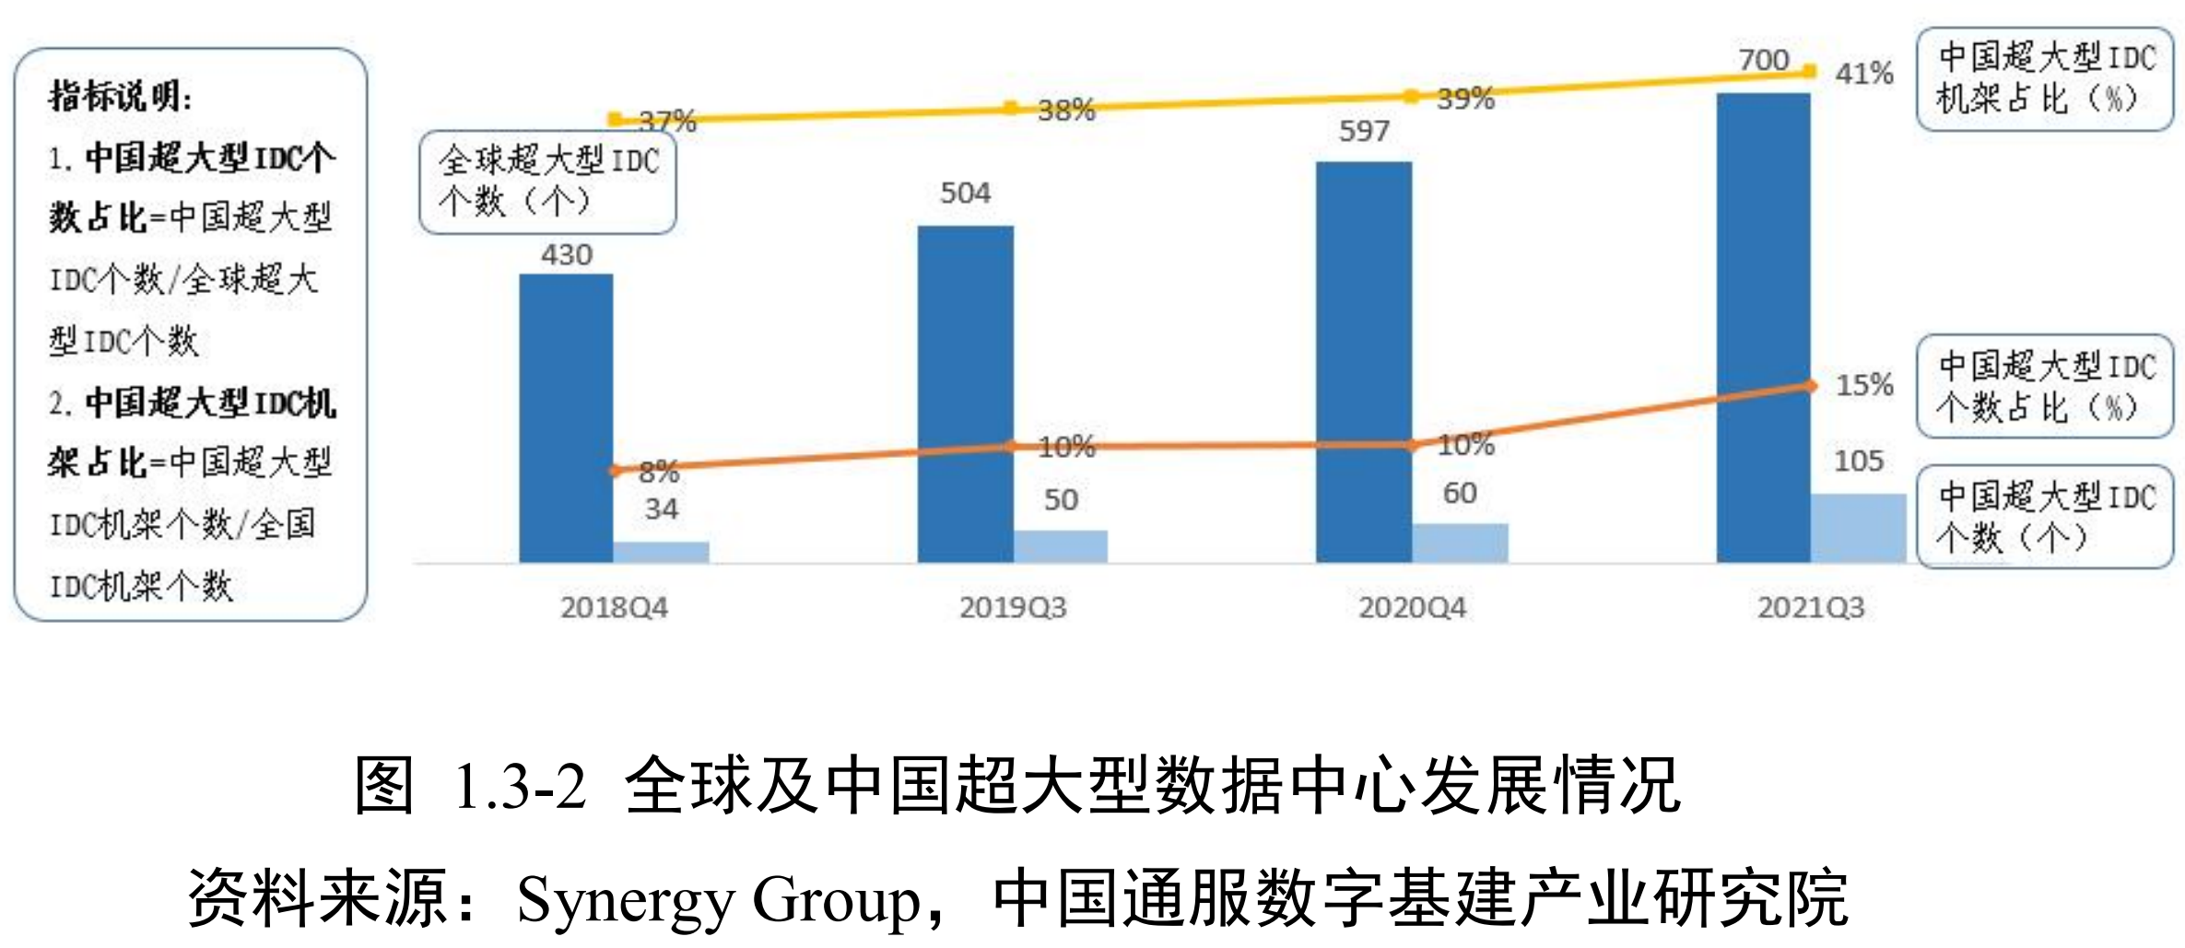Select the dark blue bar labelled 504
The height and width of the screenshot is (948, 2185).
[x=965, y=393]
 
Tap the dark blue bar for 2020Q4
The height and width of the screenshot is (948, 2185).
[x=1363, y=361]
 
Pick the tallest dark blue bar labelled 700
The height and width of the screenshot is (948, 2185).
[x=1763, y=327]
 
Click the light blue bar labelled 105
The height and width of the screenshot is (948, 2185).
[x=1858, y=528]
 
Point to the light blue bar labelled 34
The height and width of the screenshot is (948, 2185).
[x=661, y=552]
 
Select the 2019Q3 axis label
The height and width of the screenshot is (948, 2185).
[x=1013, y=608]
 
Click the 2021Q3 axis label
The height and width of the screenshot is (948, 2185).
[x=1810, y=608]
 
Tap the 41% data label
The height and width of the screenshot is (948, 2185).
[x=1863, y=74]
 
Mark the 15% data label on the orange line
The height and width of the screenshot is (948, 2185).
[x=1863, y=385]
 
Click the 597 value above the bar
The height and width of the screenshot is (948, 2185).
[x=1364, y=131]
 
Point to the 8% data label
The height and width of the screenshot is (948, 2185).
[x=659, y=473]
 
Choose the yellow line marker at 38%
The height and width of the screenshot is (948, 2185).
[x=1011, y=109]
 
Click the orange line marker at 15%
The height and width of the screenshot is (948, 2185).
[x=1810, y=386]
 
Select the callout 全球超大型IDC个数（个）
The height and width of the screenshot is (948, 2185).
[x=547, y=181]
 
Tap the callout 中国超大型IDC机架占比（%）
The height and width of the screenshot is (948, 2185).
[x=2044, y=79]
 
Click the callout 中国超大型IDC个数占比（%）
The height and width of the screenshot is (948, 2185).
[x=2044, y=387]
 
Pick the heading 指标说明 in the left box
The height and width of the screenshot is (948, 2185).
[x=120, y=96]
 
